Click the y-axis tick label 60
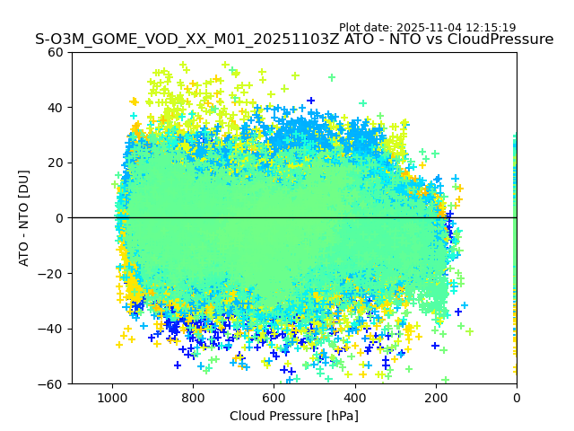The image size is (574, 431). pyautogui.click(x=57, y=52)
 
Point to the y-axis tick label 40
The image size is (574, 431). pyautogui.click(x=57, y=108)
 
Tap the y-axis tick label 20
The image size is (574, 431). pyautogui.click(x=57, y=163)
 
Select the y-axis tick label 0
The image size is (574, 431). pyautogui.click(x=60, y=218)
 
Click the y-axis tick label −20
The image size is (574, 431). pyautogui.click(x=52, y=274)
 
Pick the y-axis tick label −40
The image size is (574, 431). pyautogui.click(x=52, y=329)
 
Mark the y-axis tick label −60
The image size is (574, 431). pyautogui.click(x=52, y=384)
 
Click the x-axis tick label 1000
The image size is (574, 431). pyautogui.click(x=112, y=397)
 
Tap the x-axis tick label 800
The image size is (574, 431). pyautogui.click(x=193, y=397)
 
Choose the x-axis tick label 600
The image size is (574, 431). pyautogui.click(x=274, y=397)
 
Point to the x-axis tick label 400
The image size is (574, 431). pyautogui.click(x=354, y=397)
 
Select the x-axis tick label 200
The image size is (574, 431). pyautogui.click(x=436, y=397)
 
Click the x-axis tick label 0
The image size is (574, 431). pyautogui.click(x=517, y=397)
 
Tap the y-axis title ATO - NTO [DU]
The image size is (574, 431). pyautogui.click(x=25, y=218)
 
